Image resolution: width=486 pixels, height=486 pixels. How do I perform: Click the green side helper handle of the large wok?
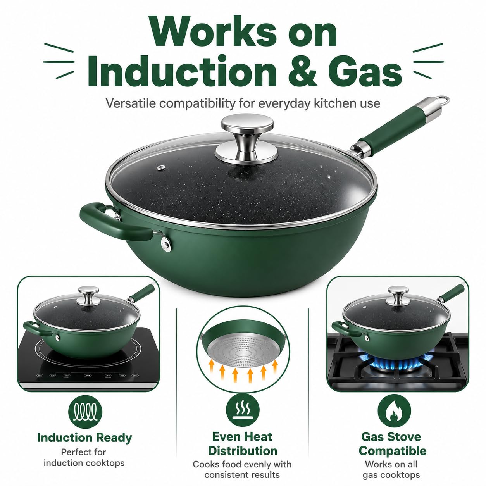[x=111, y=221]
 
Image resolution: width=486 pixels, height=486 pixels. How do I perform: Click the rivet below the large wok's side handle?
[x=166, y=244]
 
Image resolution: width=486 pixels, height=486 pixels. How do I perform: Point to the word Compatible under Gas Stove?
[x=393, y=451]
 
